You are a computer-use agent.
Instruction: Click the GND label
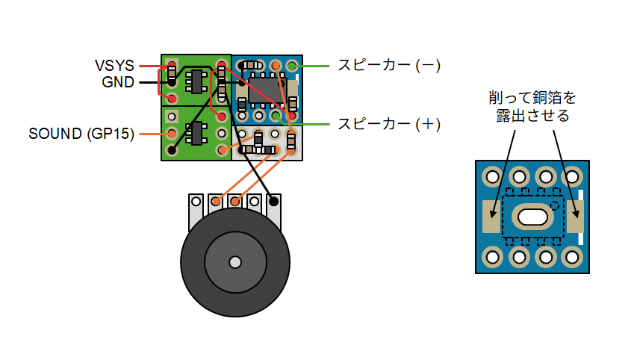[x=118, y=82]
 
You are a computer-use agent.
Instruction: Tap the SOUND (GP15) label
[x=81, y=134]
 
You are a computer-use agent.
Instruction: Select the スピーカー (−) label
[x=388, y=66]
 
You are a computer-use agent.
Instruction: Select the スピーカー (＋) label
[x=388, y=124]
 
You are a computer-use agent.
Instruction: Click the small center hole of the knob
[x=235, y=262]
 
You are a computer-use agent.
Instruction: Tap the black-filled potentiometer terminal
[x=274, y=201]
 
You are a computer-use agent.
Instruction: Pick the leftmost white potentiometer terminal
[x=196, y=201]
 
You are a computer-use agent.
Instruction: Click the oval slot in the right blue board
[x=532, y=217]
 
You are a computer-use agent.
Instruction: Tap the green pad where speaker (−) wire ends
[x=291, y=66]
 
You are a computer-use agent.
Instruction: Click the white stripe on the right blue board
[x=580, y=217]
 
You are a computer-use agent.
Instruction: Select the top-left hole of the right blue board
[x=493, y=177]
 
